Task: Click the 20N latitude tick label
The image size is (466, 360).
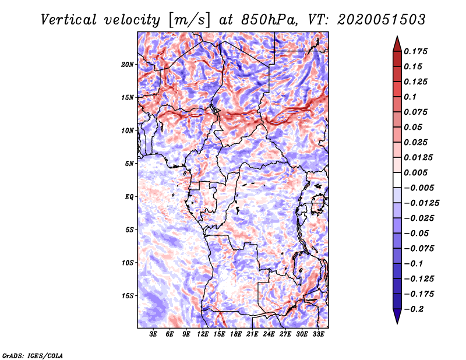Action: pyautogui.click(x=128, y=64)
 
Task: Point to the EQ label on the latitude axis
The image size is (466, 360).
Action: pyautogui.click(x=129, y=197)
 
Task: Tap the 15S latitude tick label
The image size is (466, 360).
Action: pyautogui.click(x=128, y=296)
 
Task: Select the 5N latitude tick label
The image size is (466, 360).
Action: pyautogui.click(x=129, y=164)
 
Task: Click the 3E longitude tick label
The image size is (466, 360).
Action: pyautogui.click(x=154, y=334)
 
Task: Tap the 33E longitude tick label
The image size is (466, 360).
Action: pyautogui.click(x=319, y=334)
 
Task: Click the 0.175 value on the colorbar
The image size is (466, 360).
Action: pyautogui.click(x=416, y=51)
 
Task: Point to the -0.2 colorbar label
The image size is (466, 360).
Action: pyautogui.click(x=415, y=309)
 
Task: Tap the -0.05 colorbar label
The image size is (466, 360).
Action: pyautogui.click(x=417, y=233)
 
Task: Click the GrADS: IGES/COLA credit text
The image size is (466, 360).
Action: pyautogui.click(x=33, y=355)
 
